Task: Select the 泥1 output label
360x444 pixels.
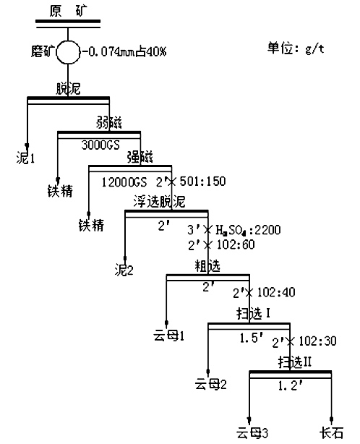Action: click(x=26, y=156)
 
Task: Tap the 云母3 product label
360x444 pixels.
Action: click(x=252, y=434)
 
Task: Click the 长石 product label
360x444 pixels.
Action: click(x=332, y=434)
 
